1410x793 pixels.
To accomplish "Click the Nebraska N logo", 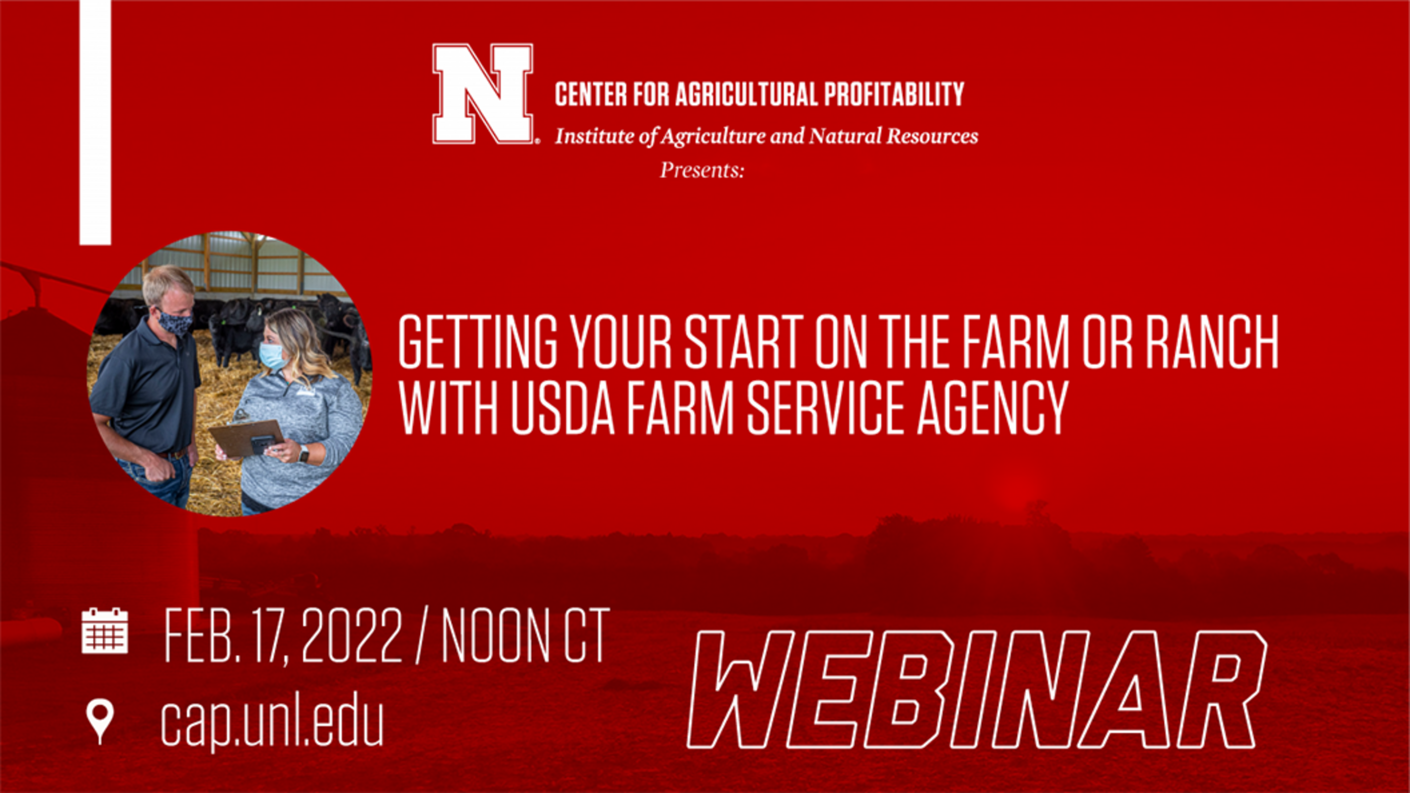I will coord(482,93).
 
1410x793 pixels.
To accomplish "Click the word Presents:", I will coord(702,170).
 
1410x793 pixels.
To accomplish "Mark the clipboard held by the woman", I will coord(246,437).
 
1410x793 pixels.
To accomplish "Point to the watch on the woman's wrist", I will coord(303,453).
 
